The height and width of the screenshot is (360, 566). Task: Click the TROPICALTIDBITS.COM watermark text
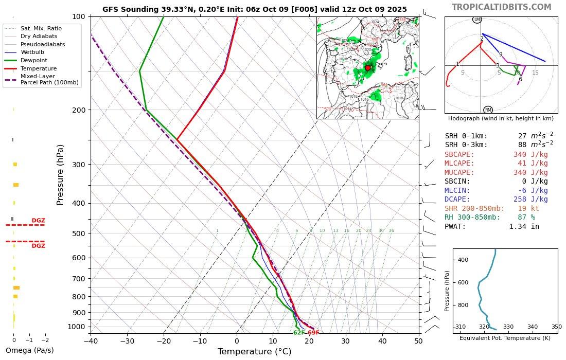click(501, 7)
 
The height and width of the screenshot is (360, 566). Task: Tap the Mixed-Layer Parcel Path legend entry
click(49, 79)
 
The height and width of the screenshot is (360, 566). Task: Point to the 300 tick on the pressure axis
click(79, 165)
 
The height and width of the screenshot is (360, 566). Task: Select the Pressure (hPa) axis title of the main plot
click(61, 175)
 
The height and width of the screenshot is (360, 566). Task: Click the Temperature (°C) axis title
click(254, 352)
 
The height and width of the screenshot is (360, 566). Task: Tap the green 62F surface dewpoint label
click(299, 333)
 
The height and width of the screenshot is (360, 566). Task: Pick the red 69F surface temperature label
click(313, 333)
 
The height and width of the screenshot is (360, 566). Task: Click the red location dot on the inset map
click(367, 68)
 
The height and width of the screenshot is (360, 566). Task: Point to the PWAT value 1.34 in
click(524, 226)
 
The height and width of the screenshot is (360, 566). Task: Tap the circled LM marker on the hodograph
click(477, 20)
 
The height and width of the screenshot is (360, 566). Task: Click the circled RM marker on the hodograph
click(488, 110)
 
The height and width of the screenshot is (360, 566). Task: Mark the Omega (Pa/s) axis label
click(29, 350)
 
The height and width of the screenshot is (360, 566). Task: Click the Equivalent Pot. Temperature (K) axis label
click(505, 338)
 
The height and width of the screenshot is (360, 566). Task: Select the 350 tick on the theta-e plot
click(557, 327)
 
